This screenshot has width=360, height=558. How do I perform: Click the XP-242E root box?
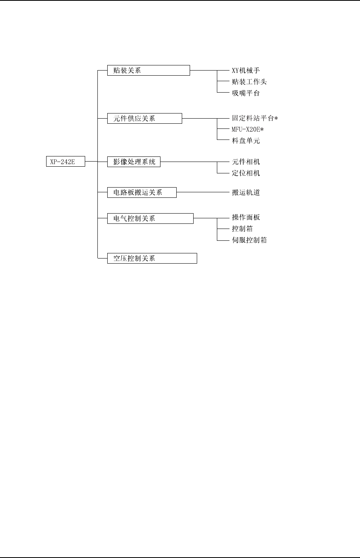(65, 162)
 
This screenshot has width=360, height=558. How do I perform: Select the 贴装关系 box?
(149, 71)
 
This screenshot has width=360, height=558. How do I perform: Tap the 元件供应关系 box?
(145, 119)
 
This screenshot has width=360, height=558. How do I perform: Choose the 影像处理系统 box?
(134, 162)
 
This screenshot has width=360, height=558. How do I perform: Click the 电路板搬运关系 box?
(142, 192)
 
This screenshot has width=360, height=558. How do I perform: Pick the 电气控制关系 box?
(150, 218)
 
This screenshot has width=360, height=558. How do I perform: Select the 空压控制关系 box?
(152, 258)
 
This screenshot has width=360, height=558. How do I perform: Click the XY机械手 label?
(246, 71)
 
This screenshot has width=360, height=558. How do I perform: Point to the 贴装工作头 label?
(249, 82)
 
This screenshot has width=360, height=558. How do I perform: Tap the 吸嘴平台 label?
(246, 93)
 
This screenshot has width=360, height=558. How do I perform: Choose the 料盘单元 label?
(246, 141)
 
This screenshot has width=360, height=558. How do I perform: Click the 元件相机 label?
(246, 162)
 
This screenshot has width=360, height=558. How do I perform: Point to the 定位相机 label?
(246, 173)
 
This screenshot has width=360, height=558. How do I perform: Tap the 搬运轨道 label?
(246, 192)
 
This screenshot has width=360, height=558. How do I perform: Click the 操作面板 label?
(246, 218)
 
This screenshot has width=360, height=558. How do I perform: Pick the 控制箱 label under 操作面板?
(242, 229)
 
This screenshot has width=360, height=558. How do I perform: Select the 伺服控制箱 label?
(249, 240)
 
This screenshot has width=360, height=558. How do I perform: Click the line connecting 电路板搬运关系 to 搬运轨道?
(203, 192)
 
